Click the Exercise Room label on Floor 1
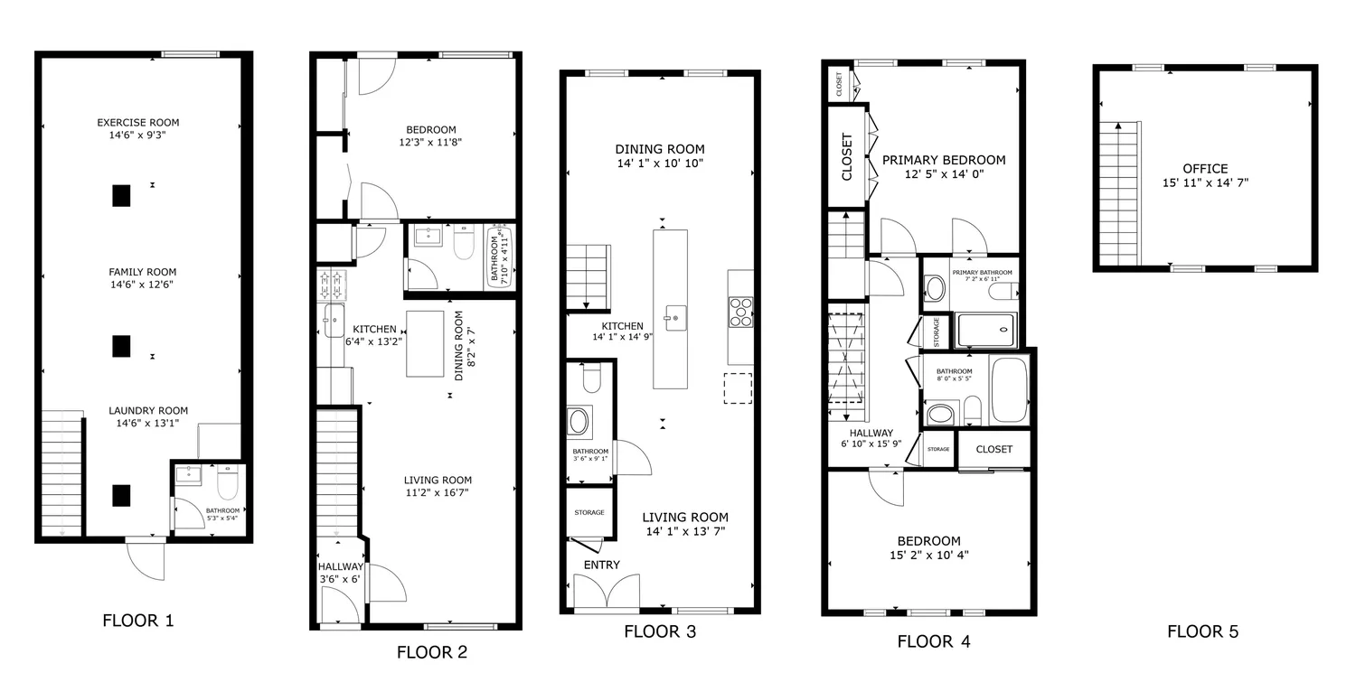138,128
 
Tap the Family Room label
142,278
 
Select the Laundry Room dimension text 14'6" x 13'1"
147,423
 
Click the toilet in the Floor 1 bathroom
228,481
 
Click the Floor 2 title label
431,652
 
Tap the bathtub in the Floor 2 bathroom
499,256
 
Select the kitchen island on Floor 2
425,344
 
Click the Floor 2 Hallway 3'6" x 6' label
340,573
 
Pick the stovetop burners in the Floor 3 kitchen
740,312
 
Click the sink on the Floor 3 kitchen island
675,318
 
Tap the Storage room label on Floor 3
589,512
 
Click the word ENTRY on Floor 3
602,565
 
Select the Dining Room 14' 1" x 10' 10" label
660,155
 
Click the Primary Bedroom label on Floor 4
944,167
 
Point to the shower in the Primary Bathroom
986,331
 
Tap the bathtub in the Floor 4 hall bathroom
1009,389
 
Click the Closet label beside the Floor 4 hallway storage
994,449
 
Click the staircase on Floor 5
1119,193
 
